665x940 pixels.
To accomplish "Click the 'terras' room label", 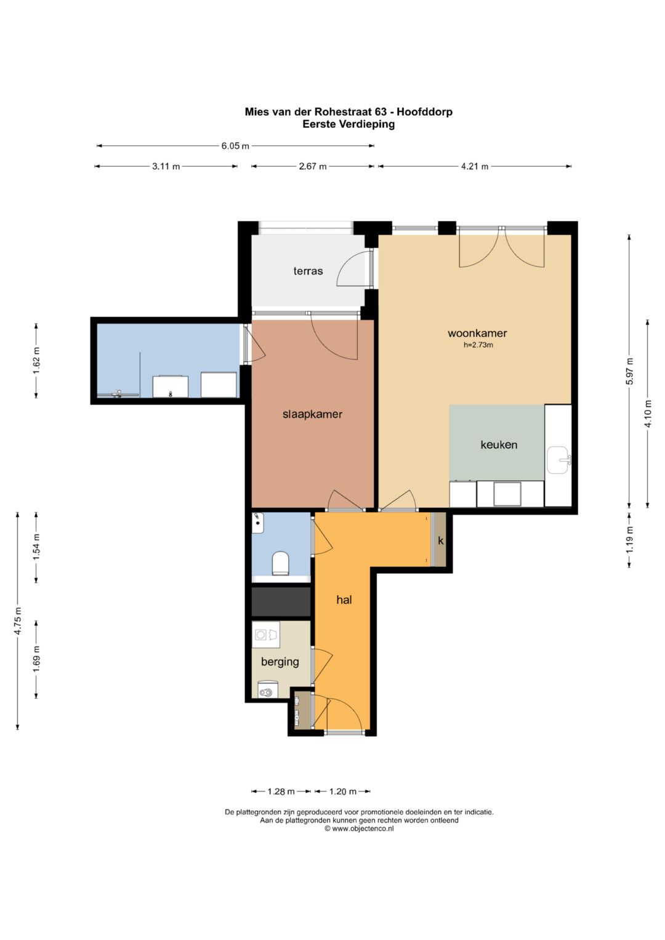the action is [308, 271].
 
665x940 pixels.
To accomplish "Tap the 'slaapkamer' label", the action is [312, 415].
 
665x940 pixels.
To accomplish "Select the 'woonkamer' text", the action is [477, 333].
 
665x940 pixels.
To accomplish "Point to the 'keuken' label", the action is [499, 445].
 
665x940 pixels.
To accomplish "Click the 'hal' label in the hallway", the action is [344, 600].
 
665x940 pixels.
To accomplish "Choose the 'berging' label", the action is [280, 662].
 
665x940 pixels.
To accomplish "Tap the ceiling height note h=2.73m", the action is [478, 345].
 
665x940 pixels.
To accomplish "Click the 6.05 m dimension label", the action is [235, 146].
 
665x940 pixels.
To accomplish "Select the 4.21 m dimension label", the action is [475, 167].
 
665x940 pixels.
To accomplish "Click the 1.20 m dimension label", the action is [342, 792].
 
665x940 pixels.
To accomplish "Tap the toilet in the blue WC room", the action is [280, 563].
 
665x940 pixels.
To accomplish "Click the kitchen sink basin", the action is [558, 460].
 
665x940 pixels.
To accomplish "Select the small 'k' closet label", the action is [440, 541].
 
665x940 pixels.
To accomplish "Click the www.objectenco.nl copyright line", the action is [359, 829].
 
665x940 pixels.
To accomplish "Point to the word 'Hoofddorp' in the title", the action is [424, 111].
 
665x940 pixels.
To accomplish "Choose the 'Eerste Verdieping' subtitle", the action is [349, 124].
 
